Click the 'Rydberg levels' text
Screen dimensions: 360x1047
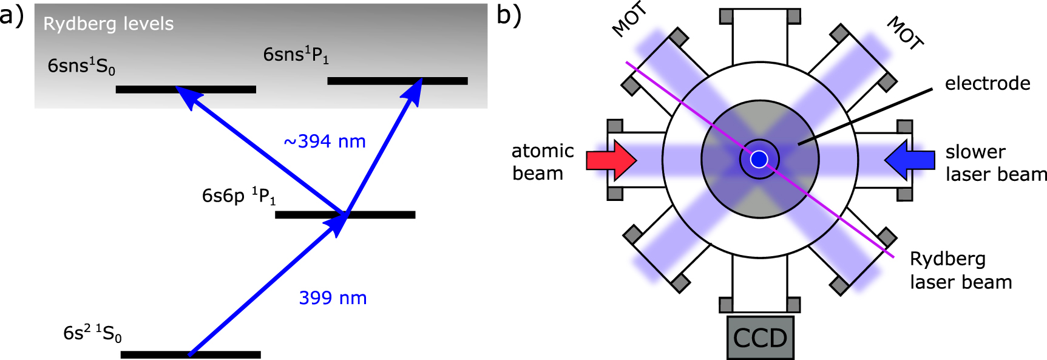[x=108, y=24]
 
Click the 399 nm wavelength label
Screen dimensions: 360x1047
[x=333, y=298]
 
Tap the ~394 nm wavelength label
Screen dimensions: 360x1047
[x=325, y=141]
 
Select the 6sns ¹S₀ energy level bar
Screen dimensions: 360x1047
[x=186, y=89]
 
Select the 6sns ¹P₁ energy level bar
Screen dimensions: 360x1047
[x=398, y=81]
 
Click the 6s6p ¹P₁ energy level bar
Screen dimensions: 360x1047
[x=345, y=214]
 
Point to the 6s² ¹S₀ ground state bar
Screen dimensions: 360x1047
[x=191, y=355]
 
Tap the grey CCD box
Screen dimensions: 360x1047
[x=760, y=338]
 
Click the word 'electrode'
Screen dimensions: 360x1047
[x=988, y=83]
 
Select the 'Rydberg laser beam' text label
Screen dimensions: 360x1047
[x=960, y=271]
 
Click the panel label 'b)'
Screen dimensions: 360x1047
[x=509, y=15]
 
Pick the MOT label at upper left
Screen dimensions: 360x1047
[x=629, y=21]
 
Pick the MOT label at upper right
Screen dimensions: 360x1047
[x=905, y=33]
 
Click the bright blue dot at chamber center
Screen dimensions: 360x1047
[x=759, y=160]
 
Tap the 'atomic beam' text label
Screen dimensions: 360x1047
[x=542, y=162]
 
